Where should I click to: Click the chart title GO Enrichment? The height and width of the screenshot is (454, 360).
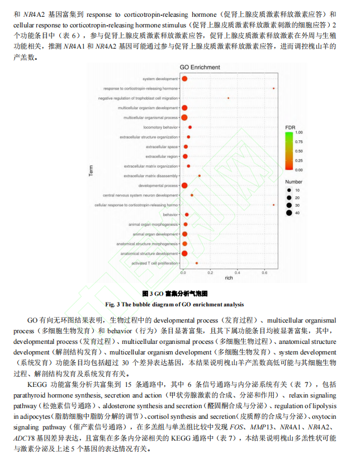(199, 68)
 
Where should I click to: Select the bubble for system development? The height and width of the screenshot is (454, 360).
(184, 78)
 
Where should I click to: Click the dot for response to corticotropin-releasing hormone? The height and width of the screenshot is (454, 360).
(273, 88)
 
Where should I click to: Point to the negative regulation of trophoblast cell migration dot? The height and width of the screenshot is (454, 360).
(228, 98)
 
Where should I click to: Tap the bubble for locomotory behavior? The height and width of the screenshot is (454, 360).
(190, 127)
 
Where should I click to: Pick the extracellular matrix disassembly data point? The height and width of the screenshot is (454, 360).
(199, 176)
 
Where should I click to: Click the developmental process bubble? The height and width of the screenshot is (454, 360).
(184, 185)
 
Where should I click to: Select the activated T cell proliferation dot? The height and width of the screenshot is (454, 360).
(196, 263)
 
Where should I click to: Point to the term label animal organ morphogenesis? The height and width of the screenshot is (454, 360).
(153, 224)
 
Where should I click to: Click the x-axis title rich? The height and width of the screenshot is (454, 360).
(229, 278)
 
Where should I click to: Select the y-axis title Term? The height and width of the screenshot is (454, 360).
(91, 171)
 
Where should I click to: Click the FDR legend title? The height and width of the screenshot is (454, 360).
(290, 127)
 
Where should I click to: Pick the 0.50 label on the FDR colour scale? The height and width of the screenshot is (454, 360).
(299, 151)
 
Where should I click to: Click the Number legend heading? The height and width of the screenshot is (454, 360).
(293, 182)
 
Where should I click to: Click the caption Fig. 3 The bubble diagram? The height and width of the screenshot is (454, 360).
(174, 304)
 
